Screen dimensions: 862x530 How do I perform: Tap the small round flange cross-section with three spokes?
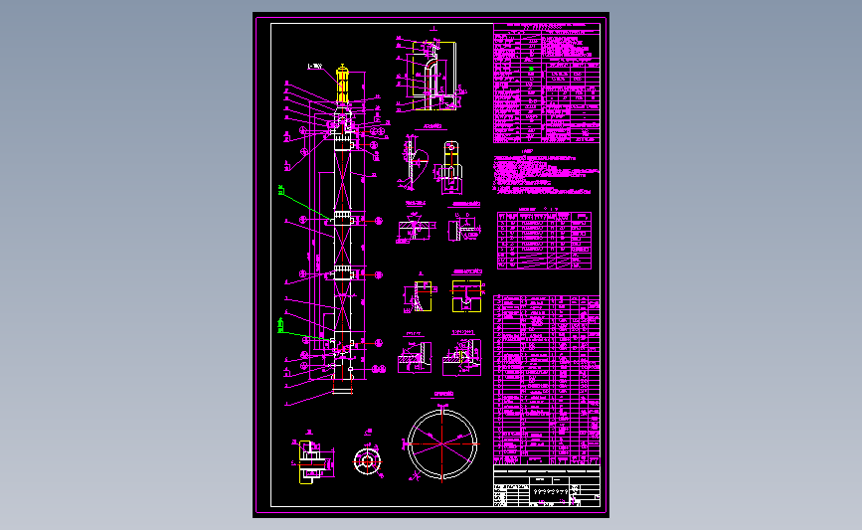pos(368,460)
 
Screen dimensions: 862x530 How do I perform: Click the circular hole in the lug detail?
pos(450,153)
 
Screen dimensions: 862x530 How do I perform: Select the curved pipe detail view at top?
pos(431,75)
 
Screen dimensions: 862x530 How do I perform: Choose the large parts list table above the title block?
pos(547,378)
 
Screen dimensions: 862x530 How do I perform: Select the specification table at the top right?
pos(547,85)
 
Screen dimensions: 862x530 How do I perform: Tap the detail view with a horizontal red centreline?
pos(412,228)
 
